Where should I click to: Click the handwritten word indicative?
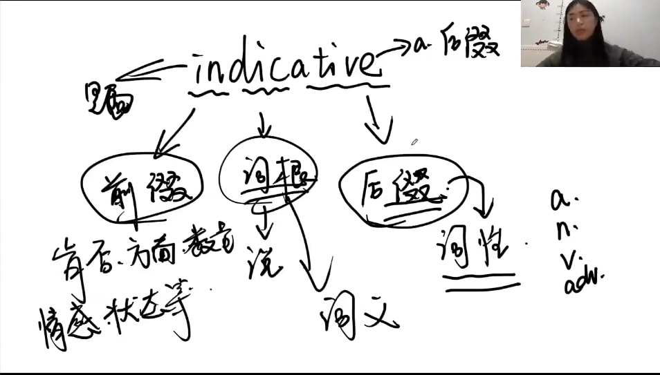click(286, 67)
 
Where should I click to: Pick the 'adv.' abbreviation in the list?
click(583, 282)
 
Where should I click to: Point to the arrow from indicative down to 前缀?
click(172, 132)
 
